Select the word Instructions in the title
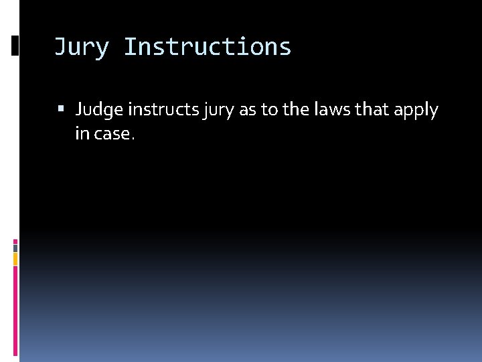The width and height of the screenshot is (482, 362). pyautogui.click(x=208, y=48)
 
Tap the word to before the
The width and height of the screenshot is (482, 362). pyautogui.click(x=269, y=110)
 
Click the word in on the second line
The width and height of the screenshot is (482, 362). pyautogui.click(x=82, y=133)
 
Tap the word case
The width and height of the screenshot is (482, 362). pyautogui.click(x=112, y=134)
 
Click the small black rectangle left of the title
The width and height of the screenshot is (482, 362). pyautogui.click(x=15, y=46)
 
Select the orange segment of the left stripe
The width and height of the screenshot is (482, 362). pyautogui.click(x=15, y=259)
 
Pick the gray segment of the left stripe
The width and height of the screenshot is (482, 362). pyautogui.click(x=15, y=247)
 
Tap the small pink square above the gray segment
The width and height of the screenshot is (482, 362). pyautogui.click(x=15, y=241)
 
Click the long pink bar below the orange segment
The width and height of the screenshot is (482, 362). pyautogui.click(x=15, y=308)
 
